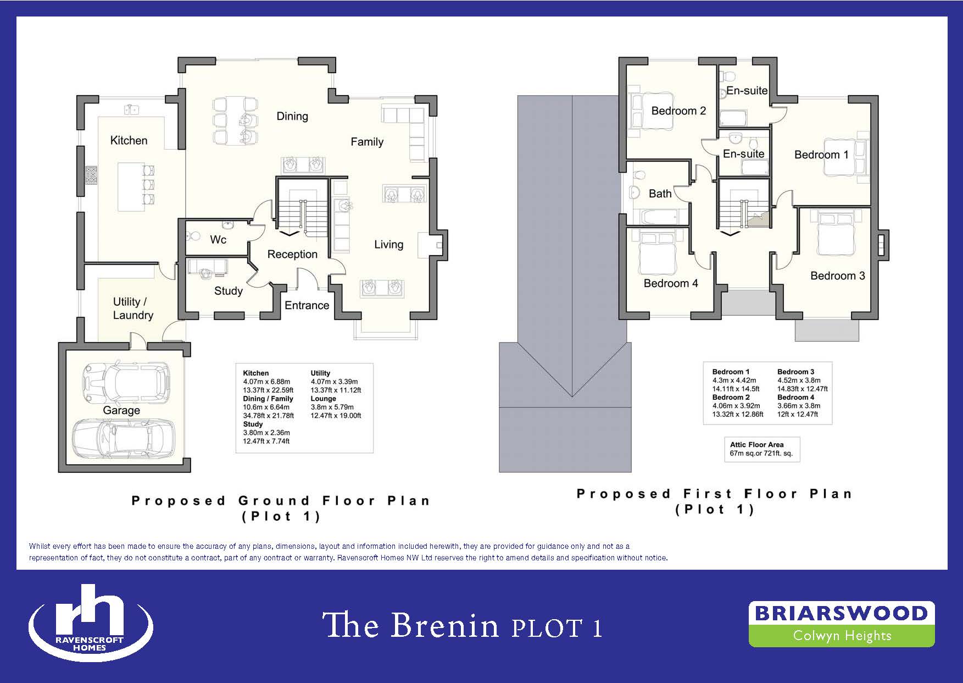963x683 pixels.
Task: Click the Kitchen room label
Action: coord(129,140)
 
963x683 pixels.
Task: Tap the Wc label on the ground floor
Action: coord(218,240)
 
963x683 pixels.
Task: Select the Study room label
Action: coord(229,291)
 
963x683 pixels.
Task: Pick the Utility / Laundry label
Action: coord(133,309)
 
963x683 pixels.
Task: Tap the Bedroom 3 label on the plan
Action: coord(838,276)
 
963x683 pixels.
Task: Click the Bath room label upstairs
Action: coord(660,194)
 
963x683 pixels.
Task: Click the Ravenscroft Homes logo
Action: coord(91,623)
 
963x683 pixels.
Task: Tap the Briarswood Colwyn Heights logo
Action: coord(841,624)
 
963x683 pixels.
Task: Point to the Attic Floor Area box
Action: coord(762,449)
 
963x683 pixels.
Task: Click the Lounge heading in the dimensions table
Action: coord(323,399)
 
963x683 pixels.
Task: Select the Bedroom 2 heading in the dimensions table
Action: coord(731,397)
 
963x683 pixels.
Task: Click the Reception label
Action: coord(292,254)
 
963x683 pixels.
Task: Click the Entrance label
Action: coord(307,305)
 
